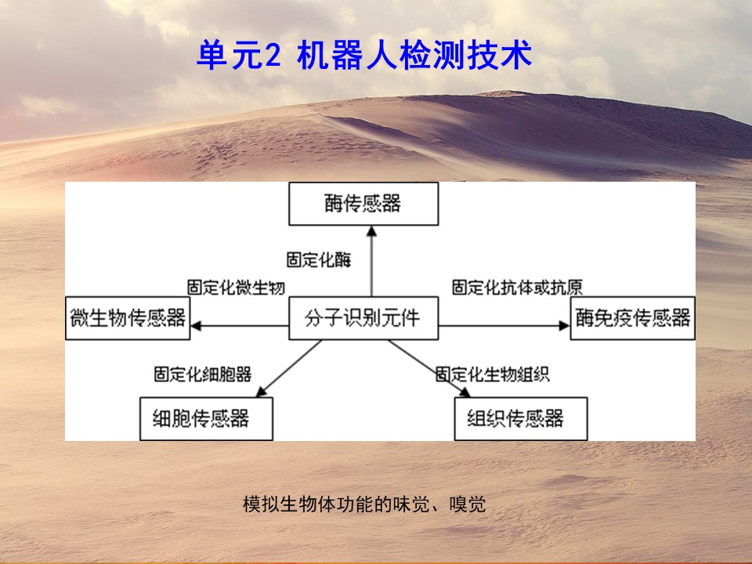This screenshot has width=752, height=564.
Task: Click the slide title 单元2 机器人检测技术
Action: tap(364, 55)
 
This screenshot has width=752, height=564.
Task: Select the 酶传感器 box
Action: tap(363, 204)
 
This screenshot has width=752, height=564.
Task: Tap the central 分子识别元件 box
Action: tap(363, 318)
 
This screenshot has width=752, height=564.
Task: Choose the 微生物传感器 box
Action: tap(128, 318)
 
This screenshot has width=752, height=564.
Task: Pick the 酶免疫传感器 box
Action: tap(633, 318)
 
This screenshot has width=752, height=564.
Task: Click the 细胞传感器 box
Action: tap(206, 418)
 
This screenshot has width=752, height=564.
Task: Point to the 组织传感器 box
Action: tap(521, 418)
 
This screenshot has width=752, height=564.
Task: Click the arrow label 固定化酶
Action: tap(319, 260)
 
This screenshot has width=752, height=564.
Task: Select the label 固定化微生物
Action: tap(236, 287)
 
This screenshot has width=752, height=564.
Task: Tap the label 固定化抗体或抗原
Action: tap(518, 287)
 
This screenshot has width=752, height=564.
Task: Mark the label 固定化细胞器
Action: tap(203, 374)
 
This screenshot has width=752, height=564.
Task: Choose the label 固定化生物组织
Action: tap(493, 374)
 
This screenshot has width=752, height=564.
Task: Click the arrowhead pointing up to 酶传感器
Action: tap(371, 231)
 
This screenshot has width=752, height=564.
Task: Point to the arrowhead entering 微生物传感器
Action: tap(196, 326)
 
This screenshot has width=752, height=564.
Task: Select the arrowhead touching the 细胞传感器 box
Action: tap(262, 392)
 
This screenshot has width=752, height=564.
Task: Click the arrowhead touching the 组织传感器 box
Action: tap(465, 392)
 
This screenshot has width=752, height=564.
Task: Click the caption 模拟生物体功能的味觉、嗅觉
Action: tap(364, 504)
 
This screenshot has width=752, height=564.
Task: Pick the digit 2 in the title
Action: tap(272, 56)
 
